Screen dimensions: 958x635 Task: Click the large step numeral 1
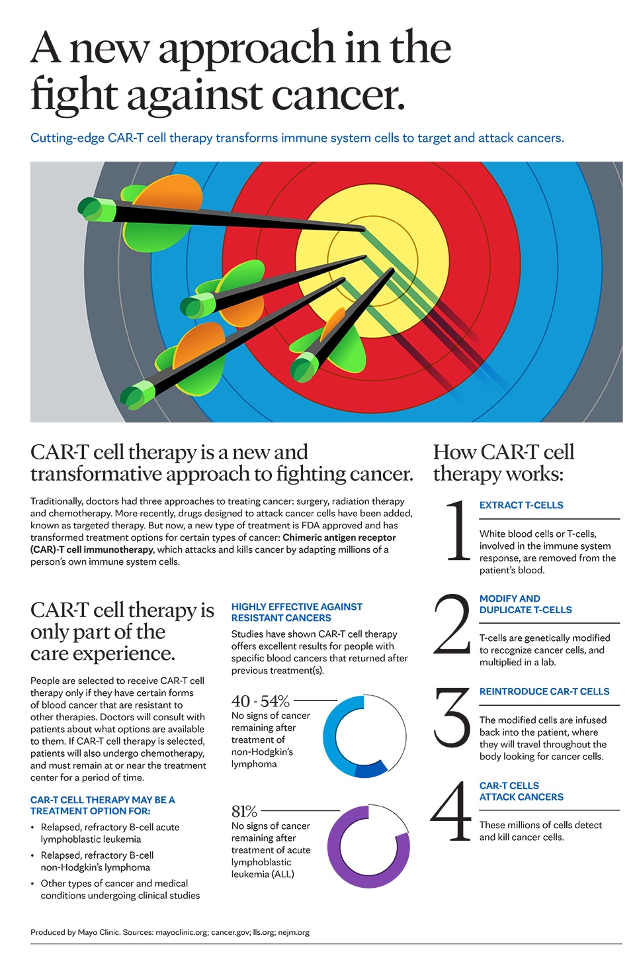pyautogui.click(x=457, y=531)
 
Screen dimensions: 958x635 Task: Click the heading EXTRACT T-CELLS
pyautogui.click(x=521, y=505)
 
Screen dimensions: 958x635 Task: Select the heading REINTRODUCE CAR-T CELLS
pyautogui.click(x=544, y=691)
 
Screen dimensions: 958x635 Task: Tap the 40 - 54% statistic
pyautogui.click(x=261, y=701)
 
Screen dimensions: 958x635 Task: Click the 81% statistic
pyautogui.click(x=244, y=812)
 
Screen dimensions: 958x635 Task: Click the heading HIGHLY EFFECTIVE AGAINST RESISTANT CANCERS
pyautogui.click(x=296, y=612)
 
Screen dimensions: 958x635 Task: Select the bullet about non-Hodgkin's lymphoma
pyautogui.click(x=97, y=861)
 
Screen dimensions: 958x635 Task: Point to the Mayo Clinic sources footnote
pyautogui.click(x=170, y=932)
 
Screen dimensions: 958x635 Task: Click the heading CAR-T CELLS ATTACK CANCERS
pyautogui.click(x=521, y=791)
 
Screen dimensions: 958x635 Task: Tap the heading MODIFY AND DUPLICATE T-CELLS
pyautogui.click(x=525, y=604)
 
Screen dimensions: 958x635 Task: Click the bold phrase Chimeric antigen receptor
pyautogui.click(x=339, y=538)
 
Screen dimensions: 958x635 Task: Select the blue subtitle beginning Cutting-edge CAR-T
pyautogui.click(x=297, y=138)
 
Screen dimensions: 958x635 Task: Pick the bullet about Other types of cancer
pyautogui.click(x=120, y=889)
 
